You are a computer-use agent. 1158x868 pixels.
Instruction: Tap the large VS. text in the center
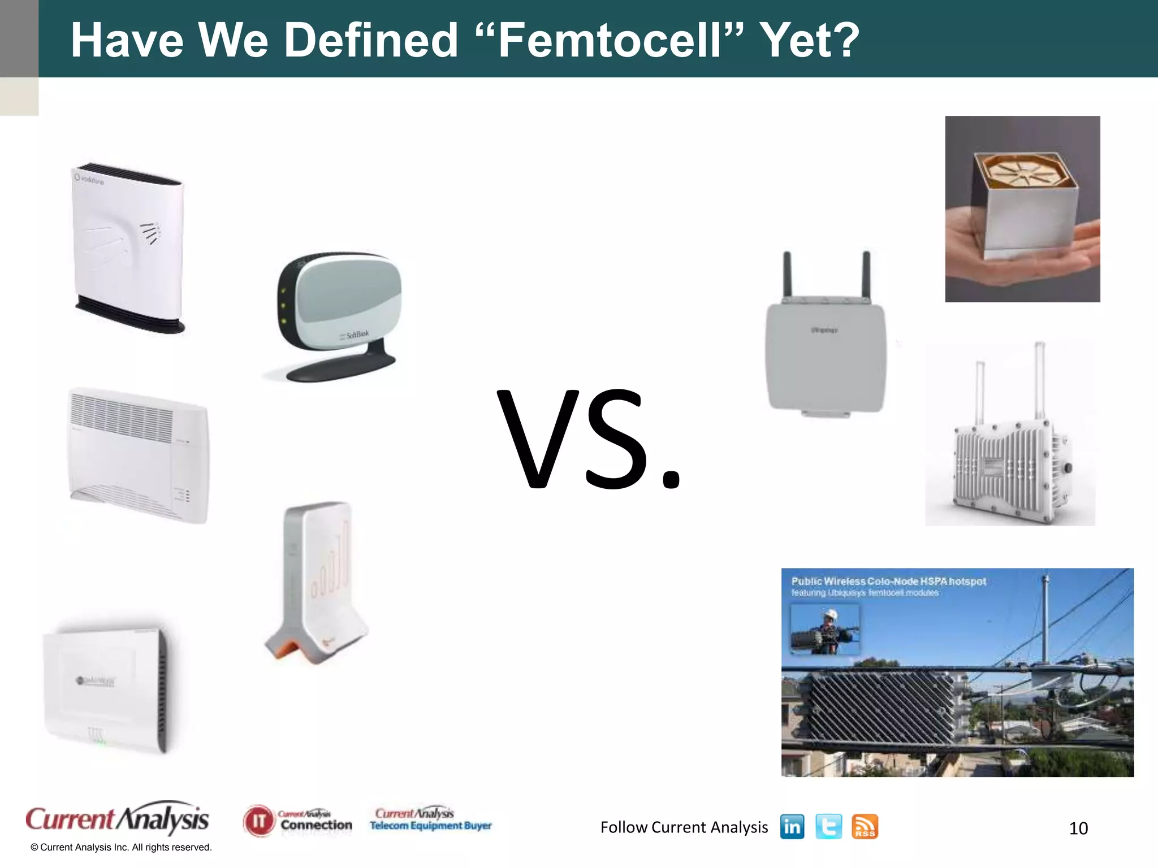[588, 440]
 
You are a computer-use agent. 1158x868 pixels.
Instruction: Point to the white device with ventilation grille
[139, 455]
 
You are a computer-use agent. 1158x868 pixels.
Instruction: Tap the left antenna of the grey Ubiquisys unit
[787, 274]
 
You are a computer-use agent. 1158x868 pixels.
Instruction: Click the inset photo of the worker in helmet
[825, 628]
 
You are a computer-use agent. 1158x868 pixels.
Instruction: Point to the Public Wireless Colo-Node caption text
[888, 581]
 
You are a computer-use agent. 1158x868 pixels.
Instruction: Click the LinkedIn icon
[792, 827]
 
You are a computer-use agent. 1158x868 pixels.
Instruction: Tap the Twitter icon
[828, 827]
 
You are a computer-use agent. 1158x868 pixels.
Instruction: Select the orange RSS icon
[865, 827]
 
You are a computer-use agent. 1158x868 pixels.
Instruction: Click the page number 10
[1078, 828]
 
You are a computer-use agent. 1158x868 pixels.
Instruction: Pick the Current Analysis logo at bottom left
[118, 818]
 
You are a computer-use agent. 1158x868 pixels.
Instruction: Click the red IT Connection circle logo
[258, 821]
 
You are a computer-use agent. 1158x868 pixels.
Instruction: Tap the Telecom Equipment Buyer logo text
[431, 826]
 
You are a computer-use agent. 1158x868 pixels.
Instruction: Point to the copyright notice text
[121, 848]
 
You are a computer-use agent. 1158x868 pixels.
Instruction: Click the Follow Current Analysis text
[684, 827]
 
